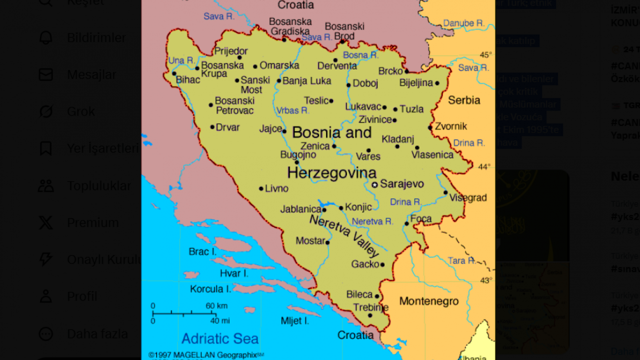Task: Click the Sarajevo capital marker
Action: click(374, 184)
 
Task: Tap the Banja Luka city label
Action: click(307, 80)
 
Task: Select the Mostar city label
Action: click(310, 241)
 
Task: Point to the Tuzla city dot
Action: click(395, 109)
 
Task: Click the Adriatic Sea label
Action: click(220, 338)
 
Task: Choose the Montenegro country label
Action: click(428, 301)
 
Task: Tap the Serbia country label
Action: click(464, 100)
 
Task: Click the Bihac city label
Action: click(188, 79)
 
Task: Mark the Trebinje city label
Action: click(371, 307)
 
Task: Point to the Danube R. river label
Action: click(464, 23)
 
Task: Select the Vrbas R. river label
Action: click(293, 110)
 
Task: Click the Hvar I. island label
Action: click(234, 273)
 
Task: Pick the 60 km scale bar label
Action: click(216, 306)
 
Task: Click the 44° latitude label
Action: click(484, 166)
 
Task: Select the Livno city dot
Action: click(261, 188)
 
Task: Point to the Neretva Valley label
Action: click(344, 235)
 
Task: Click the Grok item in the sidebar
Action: click(81, 111)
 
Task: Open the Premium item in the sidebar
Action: click(93, 222)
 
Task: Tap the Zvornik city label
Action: click(451, 126)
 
